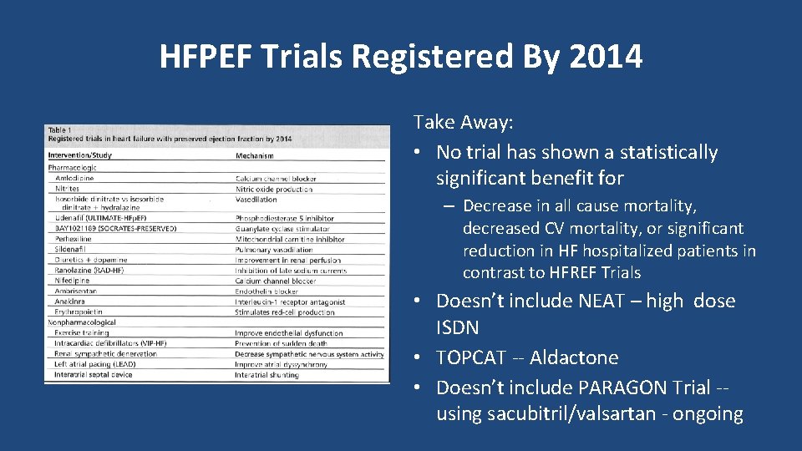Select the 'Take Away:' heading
pyautogui.click(x=464, y=123)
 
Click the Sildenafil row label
pyautogui.click(x=72, y=250)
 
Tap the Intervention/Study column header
pyautogui.click(x=80, y=155)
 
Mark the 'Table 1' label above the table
pyautogui.click(x=59, y=129)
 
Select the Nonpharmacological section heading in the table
pyautogui.click(x=82, y=322)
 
